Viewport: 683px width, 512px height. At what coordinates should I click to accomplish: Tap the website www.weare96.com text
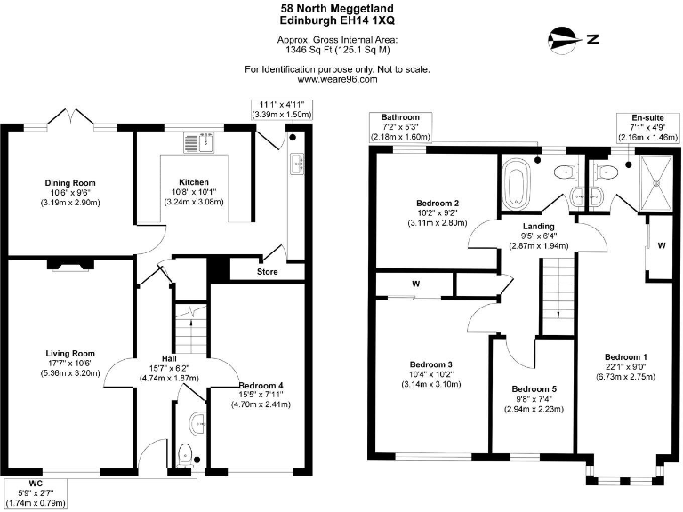(338, 79)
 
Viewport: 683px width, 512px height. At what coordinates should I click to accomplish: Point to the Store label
(268, 270)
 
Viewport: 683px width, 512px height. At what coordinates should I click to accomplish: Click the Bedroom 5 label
(535, 389)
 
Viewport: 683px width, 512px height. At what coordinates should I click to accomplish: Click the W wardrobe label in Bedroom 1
(662, 245)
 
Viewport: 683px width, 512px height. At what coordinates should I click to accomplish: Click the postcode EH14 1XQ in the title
(365, 19)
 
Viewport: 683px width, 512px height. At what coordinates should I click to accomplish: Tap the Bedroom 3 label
(431, 364)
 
